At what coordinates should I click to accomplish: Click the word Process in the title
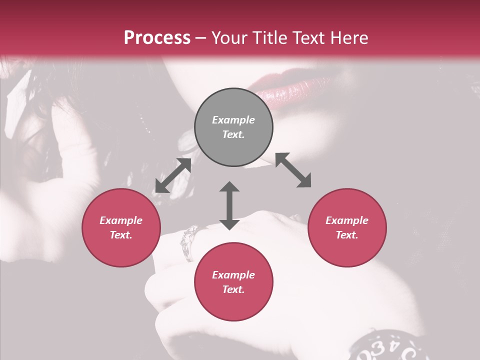[157, 38]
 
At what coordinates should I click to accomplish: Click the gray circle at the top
[233, 127]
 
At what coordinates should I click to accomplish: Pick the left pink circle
[121, 227]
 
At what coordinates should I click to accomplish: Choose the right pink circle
[347, 227]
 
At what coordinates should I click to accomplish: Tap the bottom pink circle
[233, 282]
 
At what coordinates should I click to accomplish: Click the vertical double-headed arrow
[229, 205]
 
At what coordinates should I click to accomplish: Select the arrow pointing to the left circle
[173, 175]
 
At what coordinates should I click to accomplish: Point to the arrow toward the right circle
[293, 170]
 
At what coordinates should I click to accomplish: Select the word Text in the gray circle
[233, 134]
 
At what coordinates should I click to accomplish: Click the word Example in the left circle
[121, 220]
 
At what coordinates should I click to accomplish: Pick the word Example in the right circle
[347, 220]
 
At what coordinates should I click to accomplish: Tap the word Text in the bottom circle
[233, 289]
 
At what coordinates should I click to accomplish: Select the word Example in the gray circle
[233, 120]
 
